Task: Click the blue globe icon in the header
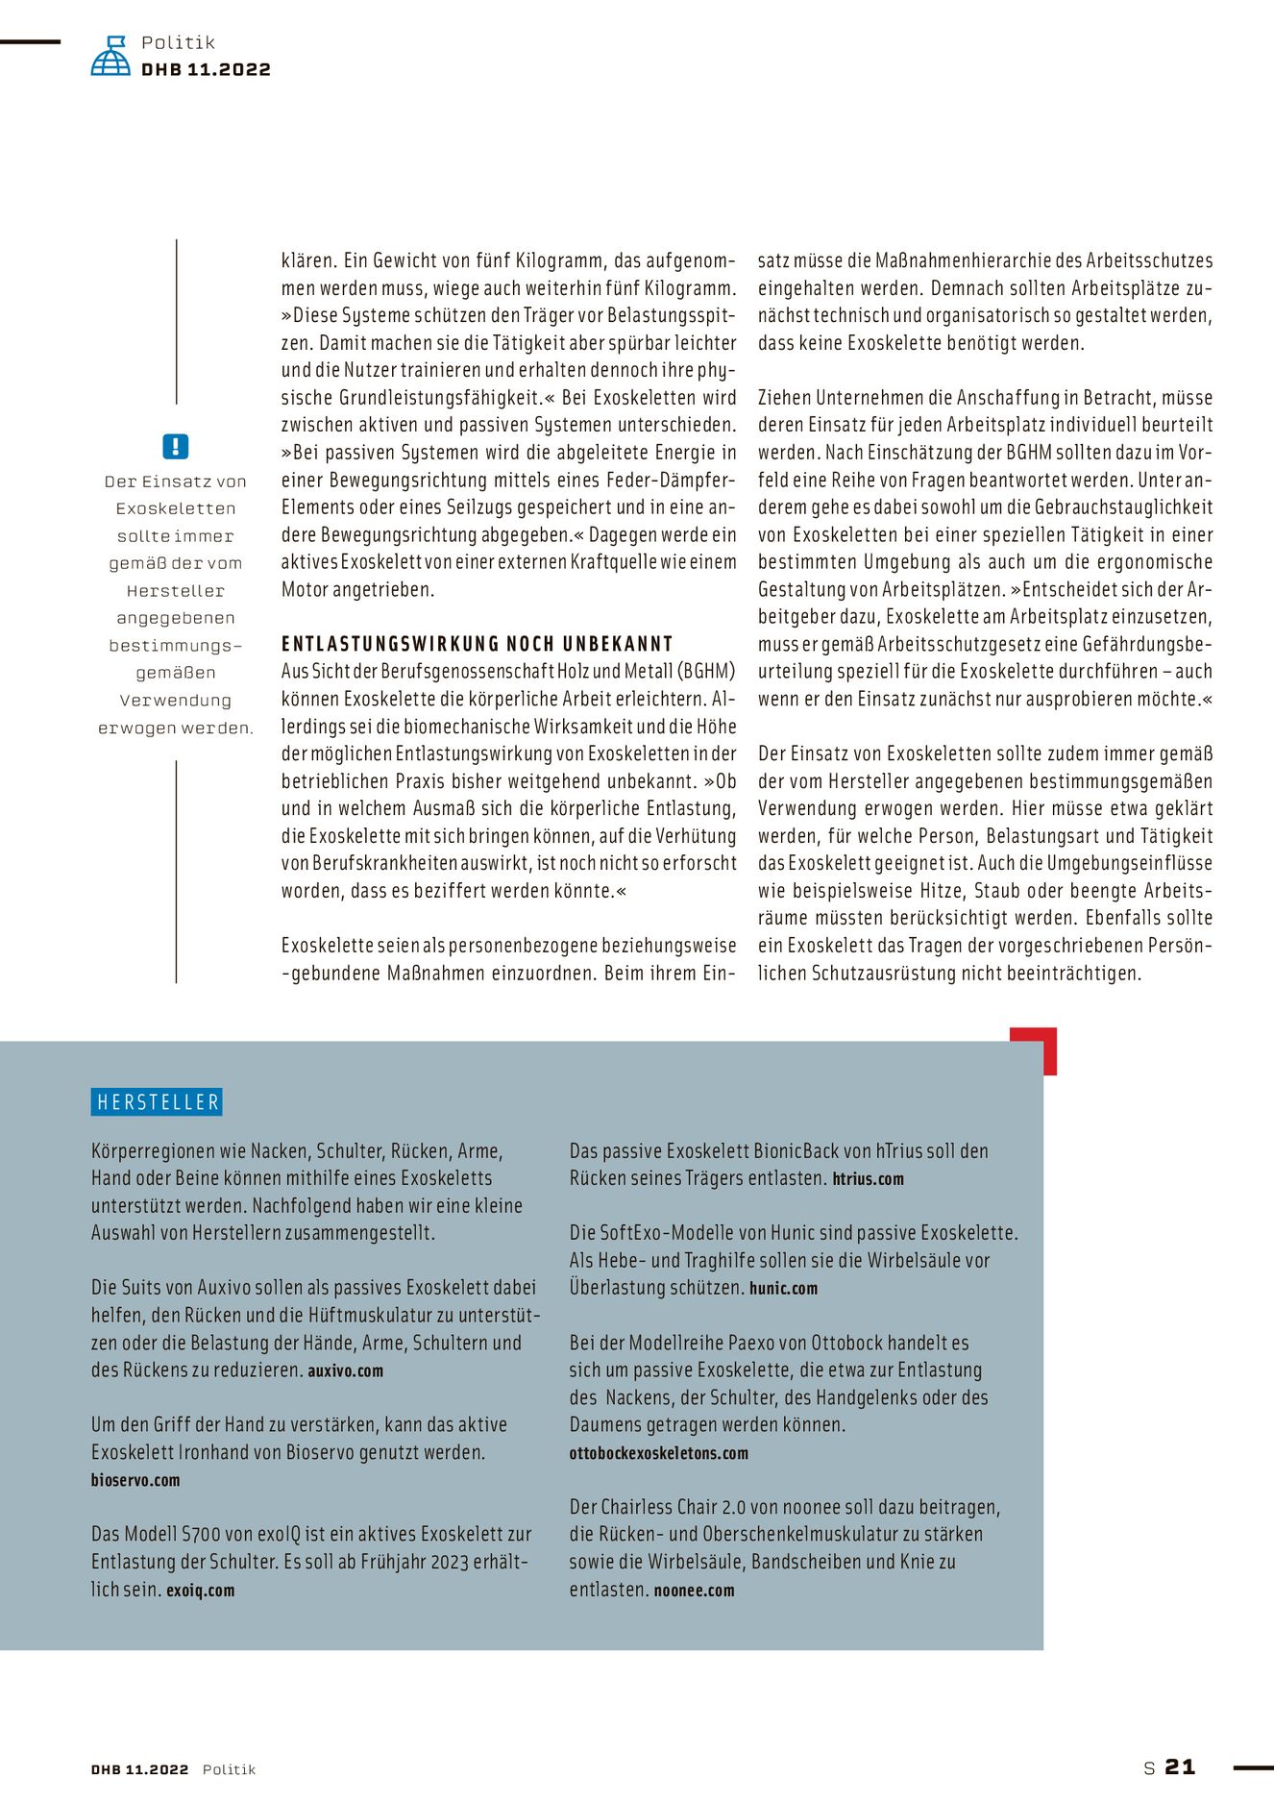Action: pyautogui.click(x=110, y=57)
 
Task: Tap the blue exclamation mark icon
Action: pyautogui.click(x=176, y=447)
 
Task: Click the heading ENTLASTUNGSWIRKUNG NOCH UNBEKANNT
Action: pyautogui.click(x=477, y=644)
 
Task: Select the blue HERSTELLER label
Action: pyautogui.click(x=158, y=1102)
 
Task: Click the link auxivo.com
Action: pyautogui.click(x=345, y=1371)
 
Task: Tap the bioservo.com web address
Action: pyautogui.click(x=135, y=1481)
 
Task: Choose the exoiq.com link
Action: pyautogui.click(x=200, y=1591)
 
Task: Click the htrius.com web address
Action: pyautogui.click(x=868, y=1179)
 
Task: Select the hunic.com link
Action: pyautogui.click(x=783, y=1289)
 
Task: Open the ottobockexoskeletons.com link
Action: pyautogui.click(x=658, y=1453)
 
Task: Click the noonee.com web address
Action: pyautogui.click(x=694, y=1591)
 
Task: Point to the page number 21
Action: pyautogui.click(x=1180, y=1766)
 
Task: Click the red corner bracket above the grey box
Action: pyautogui.click(x=1037, y=1045)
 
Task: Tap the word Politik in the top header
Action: pyautogui.click(x=178, y=42)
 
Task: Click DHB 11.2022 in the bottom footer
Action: pyautogui.click(x=140, y=1769)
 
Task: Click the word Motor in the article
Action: pyautogui.click(x=305, y=590)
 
